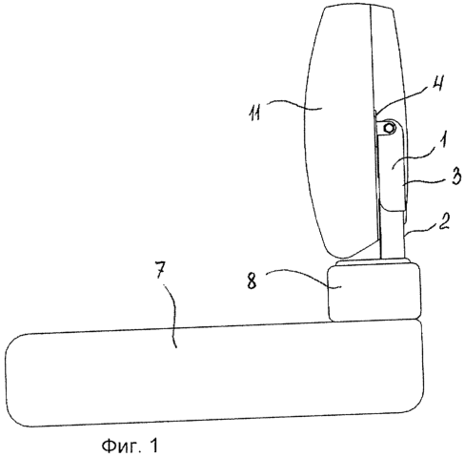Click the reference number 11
254,113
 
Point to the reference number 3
455,177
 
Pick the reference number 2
444,221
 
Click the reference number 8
252,281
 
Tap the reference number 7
160,272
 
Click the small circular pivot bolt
389,128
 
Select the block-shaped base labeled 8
374,293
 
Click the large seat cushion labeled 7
214,373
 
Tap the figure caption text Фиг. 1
130,446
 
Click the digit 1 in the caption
153,446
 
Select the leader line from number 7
174,315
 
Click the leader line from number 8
302,276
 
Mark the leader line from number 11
293,104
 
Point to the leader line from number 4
403,97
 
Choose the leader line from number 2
421,231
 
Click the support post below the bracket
393,234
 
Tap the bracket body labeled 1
392,165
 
